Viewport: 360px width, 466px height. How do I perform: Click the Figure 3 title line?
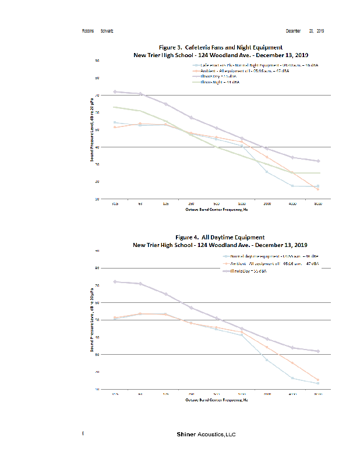[x=220, y=47]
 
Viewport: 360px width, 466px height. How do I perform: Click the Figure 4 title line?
[x=220, y=238]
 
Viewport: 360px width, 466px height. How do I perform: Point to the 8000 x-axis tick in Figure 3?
[x=317, y=204]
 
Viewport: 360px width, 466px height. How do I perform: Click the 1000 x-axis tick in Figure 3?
[x=242, y=204]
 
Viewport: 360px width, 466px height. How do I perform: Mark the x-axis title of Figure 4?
[x=216, y=400]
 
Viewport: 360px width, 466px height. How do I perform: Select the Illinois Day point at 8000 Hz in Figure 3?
[x=317, y=161]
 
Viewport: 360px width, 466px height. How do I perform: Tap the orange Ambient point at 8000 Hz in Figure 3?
[x=317, y=189]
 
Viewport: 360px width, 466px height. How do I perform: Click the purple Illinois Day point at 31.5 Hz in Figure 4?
[x=115, y=281]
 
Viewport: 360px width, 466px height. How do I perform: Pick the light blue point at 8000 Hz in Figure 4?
[x=317, y=383]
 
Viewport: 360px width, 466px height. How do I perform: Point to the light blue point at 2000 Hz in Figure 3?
[x=267, y=171]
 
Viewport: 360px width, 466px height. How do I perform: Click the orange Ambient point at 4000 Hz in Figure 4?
[x=292, y=363]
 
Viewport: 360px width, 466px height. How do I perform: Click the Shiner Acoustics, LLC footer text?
[x=206, y=435]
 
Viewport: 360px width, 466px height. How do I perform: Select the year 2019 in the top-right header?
[x=320, y=30]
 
